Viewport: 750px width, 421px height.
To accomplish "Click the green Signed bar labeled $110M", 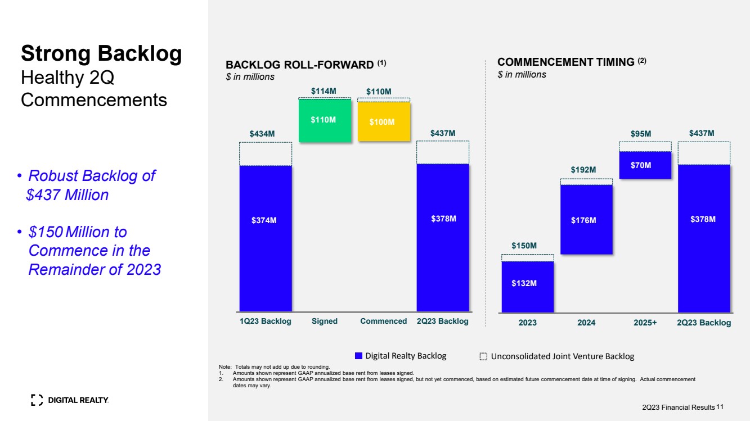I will click(324, 120).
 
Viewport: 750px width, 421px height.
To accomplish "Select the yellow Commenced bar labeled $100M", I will click(384, 121).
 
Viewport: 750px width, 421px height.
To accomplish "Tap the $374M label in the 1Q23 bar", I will click(264, 220).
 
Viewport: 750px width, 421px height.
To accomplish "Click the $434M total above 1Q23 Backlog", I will click(262, 134).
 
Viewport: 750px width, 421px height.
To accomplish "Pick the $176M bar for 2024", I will click(586, 220).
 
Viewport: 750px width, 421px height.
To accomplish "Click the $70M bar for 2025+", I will click(645, 165).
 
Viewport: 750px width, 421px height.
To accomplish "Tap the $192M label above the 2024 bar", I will click(583, 170).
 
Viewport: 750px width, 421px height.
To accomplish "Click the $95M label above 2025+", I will click(641, 134).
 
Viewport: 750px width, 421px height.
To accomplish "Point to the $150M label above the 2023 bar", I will click(524, 246).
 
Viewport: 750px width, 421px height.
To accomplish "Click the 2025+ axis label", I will click(645, 323).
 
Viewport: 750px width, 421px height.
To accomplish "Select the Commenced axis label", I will click(383, 321).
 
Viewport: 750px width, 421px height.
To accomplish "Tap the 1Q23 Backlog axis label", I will click(266, 321).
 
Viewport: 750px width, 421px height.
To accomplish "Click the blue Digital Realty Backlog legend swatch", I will click(358, 356).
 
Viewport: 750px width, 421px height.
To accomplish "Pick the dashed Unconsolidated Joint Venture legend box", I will click(483, 356).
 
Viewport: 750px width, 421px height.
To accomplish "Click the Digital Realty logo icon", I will click(37, 400).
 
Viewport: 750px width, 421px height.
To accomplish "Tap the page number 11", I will click(720, 406).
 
